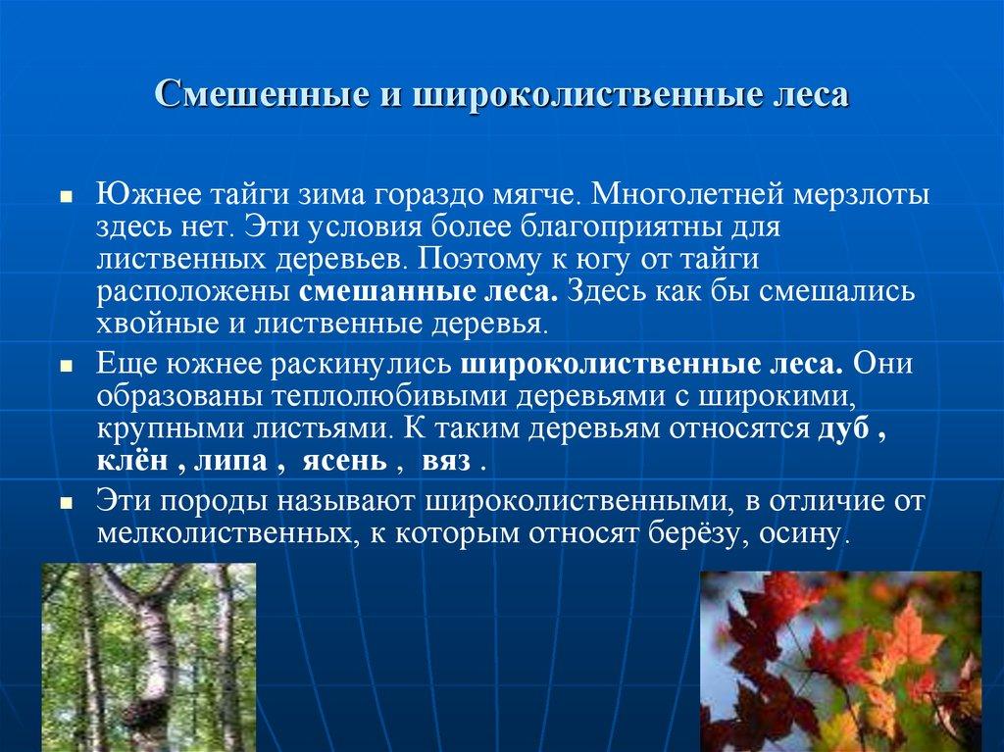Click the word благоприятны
click(614, 226)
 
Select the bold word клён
click(130, 463)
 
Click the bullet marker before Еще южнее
click(66, 365)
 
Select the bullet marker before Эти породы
click(66, 503)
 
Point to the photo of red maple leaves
click(841, 662)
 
